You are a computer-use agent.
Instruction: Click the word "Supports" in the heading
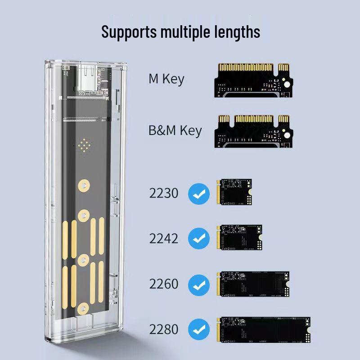pos(128,32)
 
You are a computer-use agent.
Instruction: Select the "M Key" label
pos(166,79)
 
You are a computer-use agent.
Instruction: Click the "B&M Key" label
pos(175,131)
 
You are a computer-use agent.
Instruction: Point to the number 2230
pos(164,193)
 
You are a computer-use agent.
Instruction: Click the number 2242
pos(164,238)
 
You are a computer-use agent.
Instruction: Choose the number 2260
pos(164,284)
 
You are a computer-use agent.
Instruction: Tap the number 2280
pos(164,329)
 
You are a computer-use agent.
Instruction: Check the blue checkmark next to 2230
pos(198,193)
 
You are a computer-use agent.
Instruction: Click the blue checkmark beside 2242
pos(198,238)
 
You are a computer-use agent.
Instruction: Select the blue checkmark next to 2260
pos(198,284)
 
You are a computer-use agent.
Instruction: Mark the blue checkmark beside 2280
pos(198,329)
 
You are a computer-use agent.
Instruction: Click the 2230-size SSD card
pos(234,192)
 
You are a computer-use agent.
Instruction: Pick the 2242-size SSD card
pos(240,238)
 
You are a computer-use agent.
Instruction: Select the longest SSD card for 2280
pos(264,329)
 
